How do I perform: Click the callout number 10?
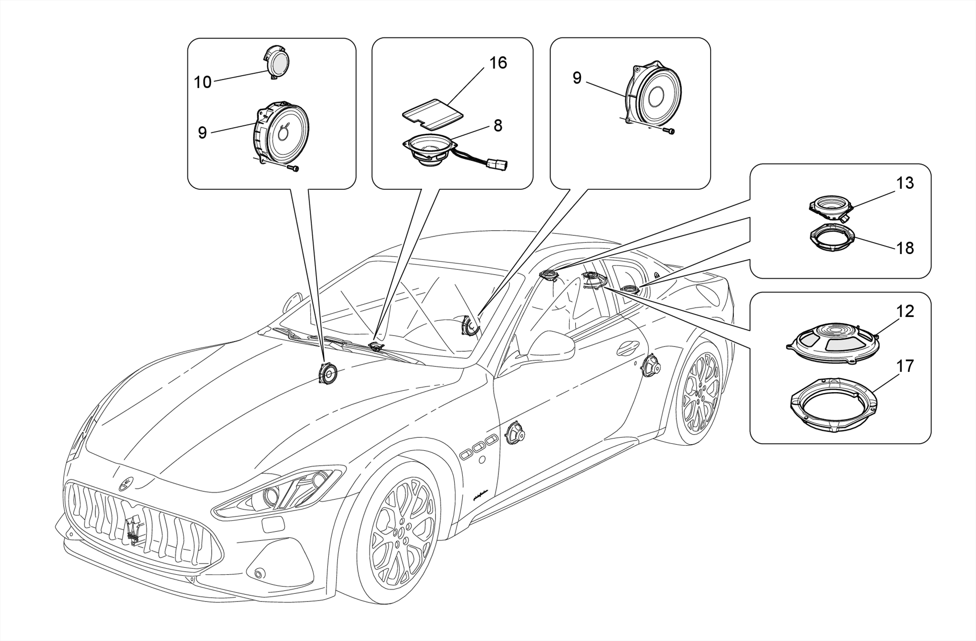[203, 82]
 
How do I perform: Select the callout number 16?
[498, 63]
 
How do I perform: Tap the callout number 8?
[498, 126]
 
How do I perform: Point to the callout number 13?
[905, 183]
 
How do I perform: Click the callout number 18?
[905, 248]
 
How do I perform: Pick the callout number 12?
[905, 311]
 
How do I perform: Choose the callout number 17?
[905, 366]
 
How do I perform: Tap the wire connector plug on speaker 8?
[498, 165]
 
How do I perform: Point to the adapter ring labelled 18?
[832, 237]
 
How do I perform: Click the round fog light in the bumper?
[260, 573]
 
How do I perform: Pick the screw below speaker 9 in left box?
[295, 168]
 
